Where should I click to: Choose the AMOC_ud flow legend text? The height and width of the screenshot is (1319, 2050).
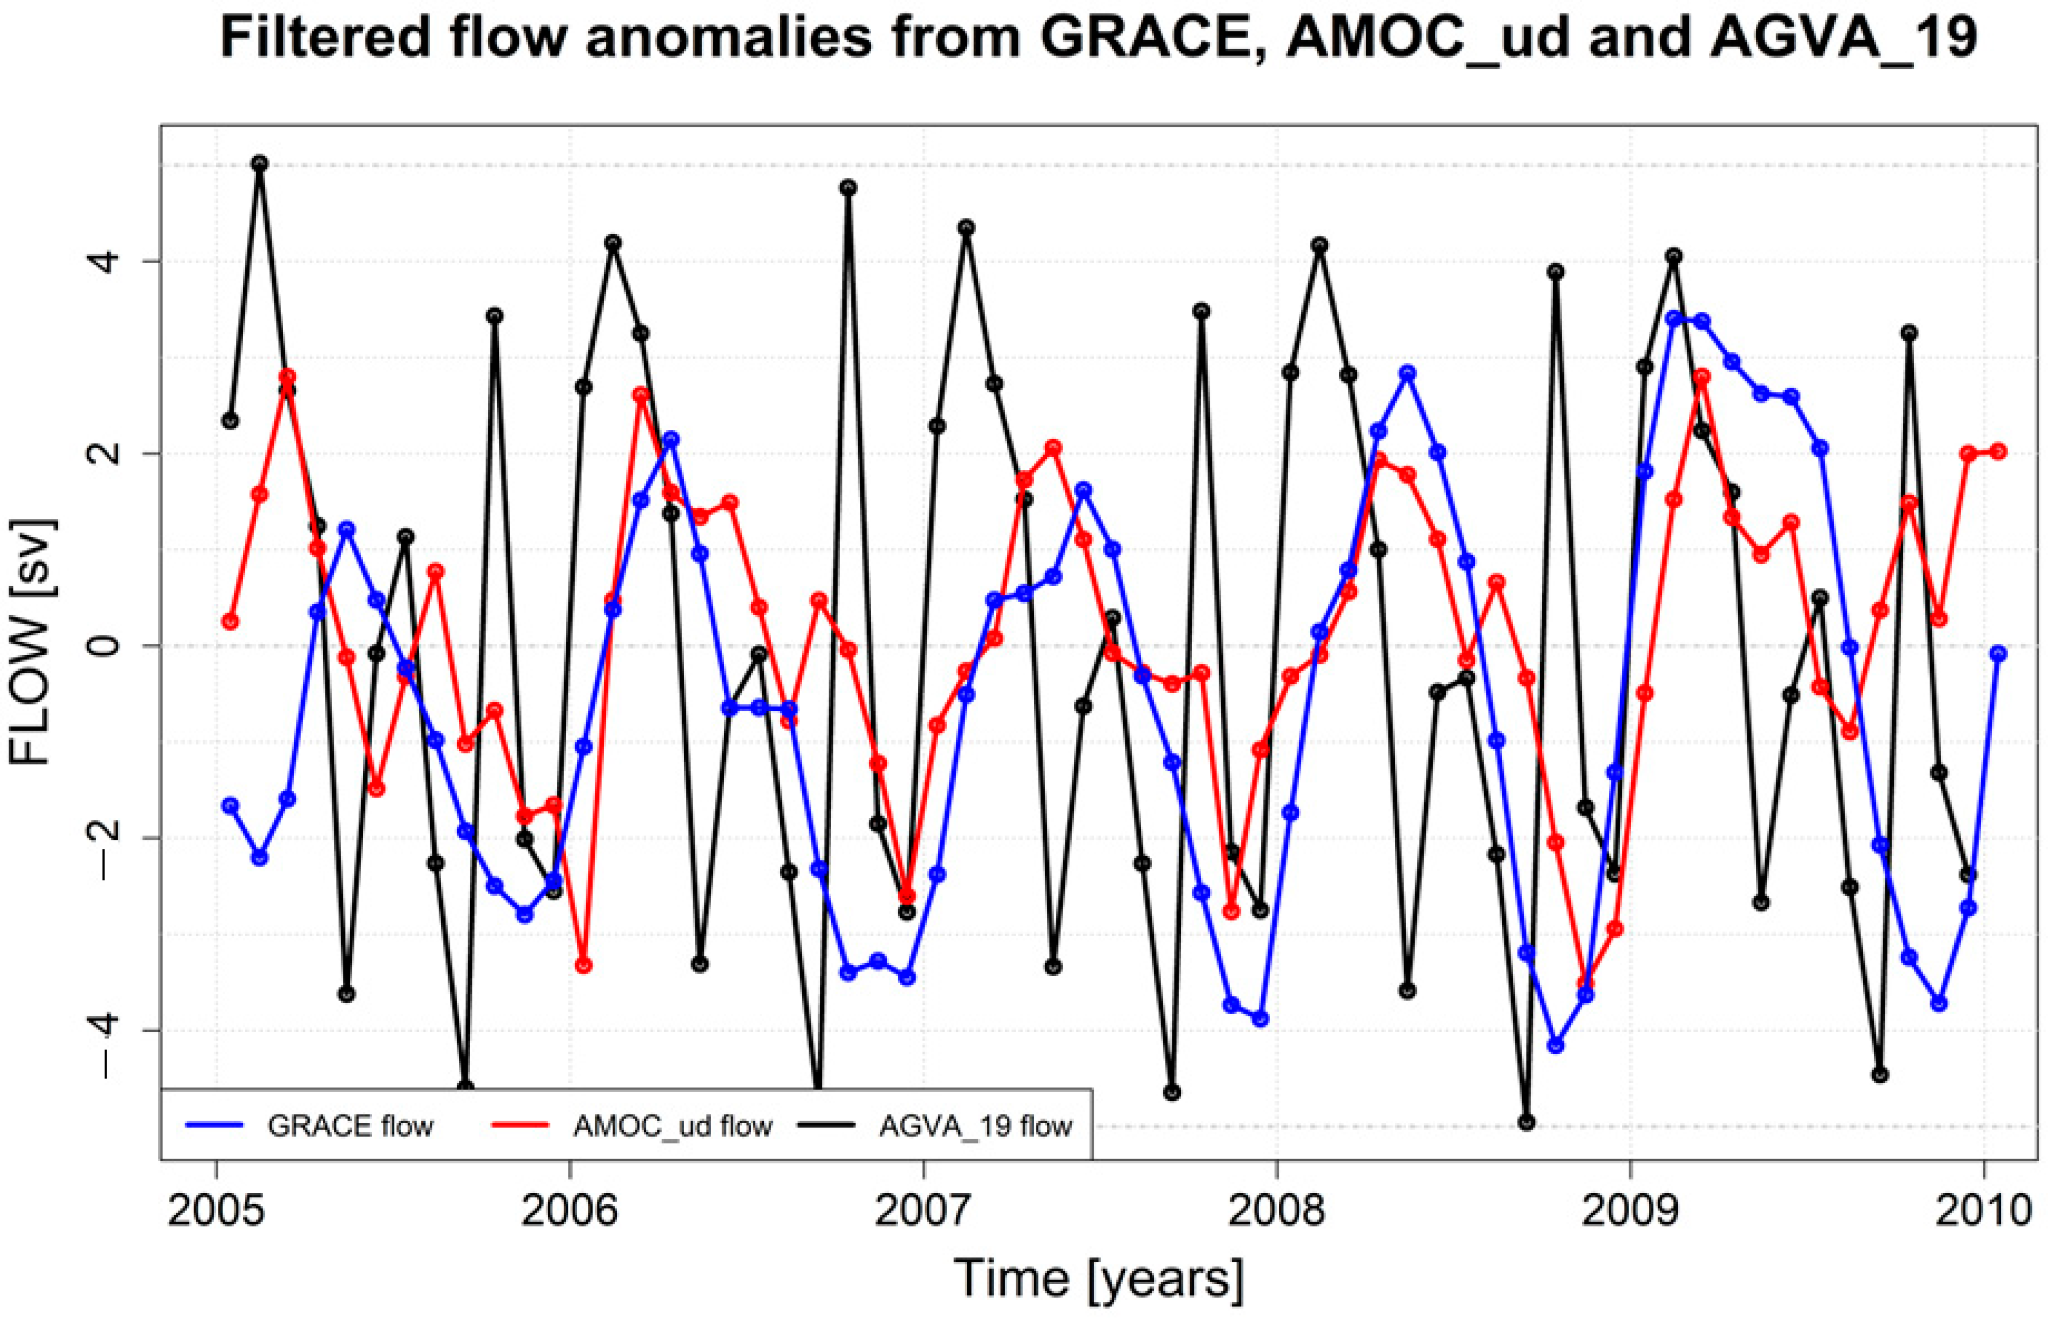click(673, 1125)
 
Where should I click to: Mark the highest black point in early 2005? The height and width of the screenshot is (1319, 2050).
click(259, 163)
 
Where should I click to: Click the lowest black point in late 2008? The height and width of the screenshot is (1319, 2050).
click(1526, 1123)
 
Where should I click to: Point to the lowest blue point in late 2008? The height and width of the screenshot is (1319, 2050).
click(1555, 1046)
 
